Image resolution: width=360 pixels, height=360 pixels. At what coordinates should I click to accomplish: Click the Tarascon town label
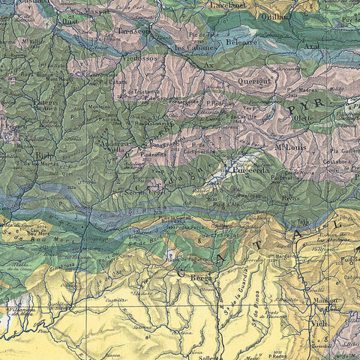[x=134, y=32]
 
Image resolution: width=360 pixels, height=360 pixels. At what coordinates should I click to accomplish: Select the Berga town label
[x=199, y=276]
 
